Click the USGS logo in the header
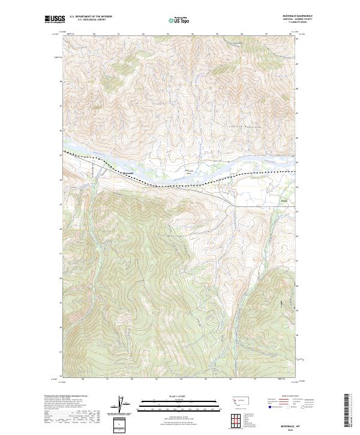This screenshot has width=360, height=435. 53,20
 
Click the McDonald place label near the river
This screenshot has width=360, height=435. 127,174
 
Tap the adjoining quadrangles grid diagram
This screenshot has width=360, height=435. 241,418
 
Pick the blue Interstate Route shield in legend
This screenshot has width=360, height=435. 268,407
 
